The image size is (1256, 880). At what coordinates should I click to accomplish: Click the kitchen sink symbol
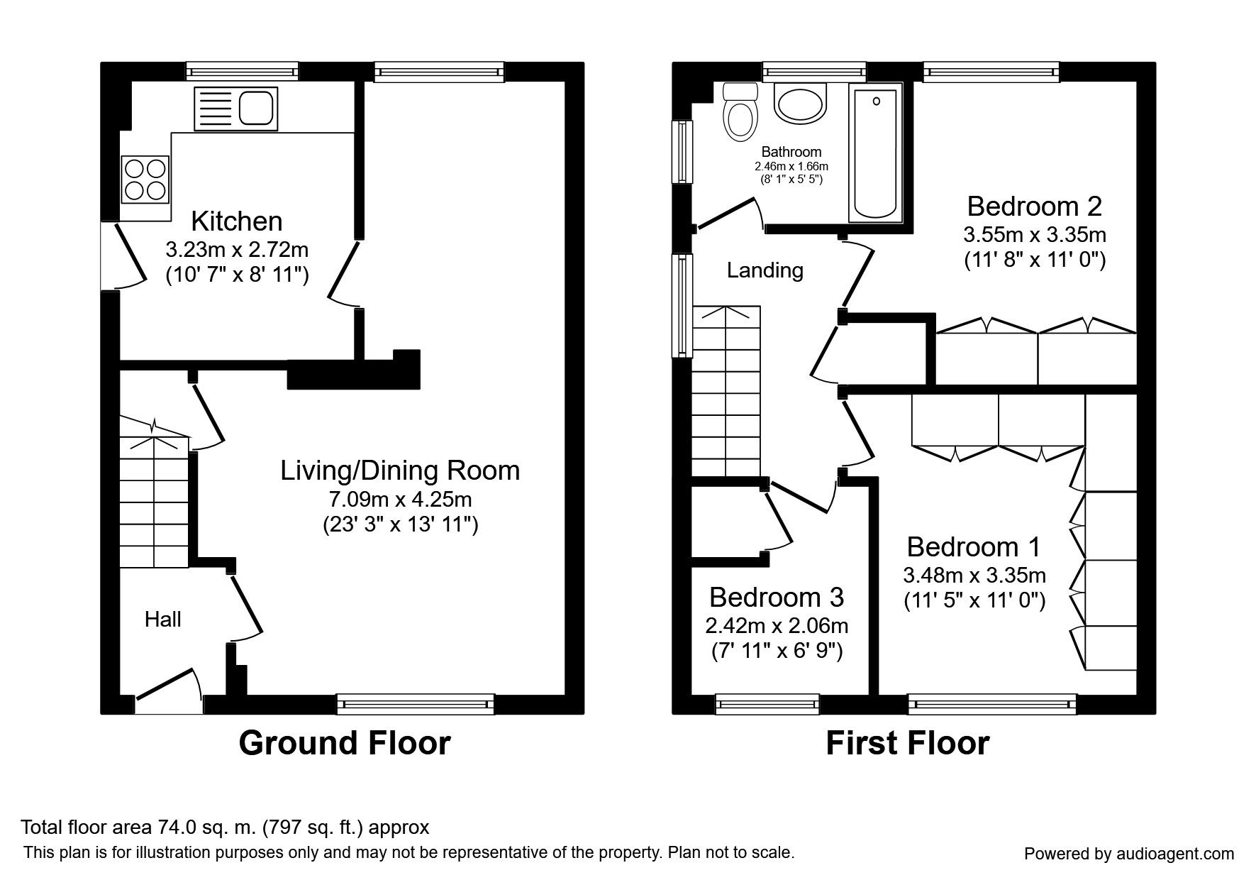235,109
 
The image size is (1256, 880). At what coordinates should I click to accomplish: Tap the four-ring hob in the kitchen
146,179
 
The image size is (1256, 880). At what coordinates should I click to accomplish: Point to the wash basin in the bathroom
801,104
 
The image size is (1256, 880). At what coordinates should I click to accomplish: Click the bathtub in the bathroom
876,154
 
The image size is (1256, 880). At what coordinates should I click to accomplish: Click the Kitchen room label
237,221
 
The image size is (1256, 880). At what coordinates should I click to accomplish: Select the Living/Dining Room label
400,471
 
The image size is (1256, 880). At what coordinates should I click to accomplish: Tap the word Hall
162,620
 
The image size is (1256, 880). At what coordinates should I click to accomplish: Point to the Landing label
765,270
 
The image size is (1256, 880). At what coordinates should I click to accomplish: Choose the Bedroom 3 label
777,598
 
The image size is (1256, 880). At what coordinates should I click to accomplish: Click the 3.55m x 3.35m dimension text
1035,234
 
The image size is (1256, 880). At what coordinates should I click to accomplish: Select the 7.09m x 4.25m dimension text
400,500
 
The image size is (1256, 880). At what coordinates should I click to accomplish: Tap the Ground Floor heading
345,743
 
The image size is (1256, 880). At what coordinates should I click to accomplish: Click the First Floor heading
907,743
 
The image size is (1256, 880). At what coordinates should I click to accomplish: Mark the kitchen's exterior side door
125,255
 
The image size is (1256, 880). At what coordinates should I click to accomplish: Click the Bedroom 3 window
767,704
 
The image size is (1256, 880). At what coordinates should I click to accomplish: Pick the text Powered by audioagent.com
1129,854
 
